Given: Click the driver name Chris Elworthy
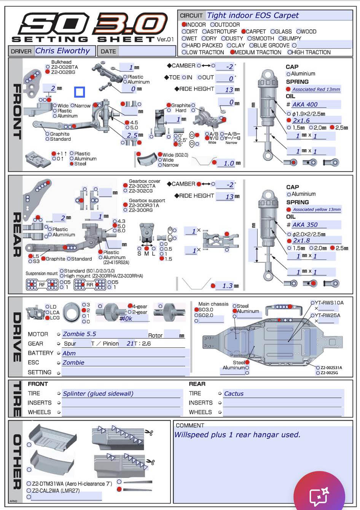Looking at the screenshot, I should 62,51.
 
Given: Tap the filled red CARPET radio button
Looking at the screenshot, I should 244,32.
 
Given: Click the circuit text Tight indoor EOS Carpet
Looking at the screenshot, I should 253,16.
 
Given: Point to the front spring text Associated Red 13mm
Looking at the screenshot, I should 316,89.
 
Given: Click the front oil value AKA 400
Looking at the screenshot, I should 305,105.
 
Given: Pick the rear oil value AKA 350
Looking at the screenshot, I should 305,225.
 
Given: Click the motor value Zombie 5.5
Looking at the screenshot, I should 80,334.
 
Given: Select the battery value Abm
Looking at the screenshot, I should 69,353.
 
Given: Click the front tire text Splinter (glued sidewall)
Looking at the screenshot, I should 98,394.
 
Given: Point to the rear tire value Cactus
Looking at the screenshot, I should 234,394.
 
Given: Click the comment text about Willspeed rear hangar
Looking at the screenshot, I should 237,435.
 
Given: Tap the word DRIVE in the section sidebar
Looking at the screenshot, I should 17,337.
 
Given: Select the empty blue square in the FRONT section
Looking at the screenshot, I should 80,92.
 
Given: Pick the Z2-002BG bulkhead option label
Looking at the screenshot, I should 63,72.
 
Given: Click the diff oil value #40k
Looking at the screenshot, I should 126,319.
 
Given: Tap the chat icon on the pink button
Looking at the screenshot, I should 319,496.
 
